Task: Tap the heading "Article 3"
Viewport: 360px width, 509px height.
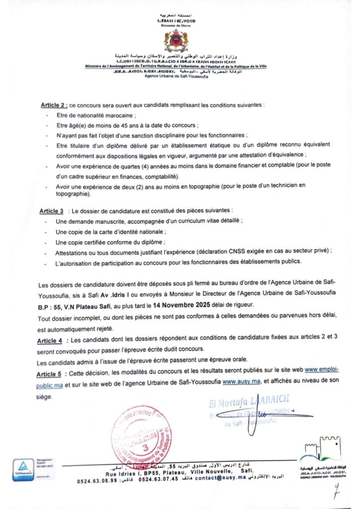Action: (52, 211)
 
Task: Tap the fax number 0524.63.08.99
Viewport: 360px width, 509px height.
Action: (97, 481)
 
